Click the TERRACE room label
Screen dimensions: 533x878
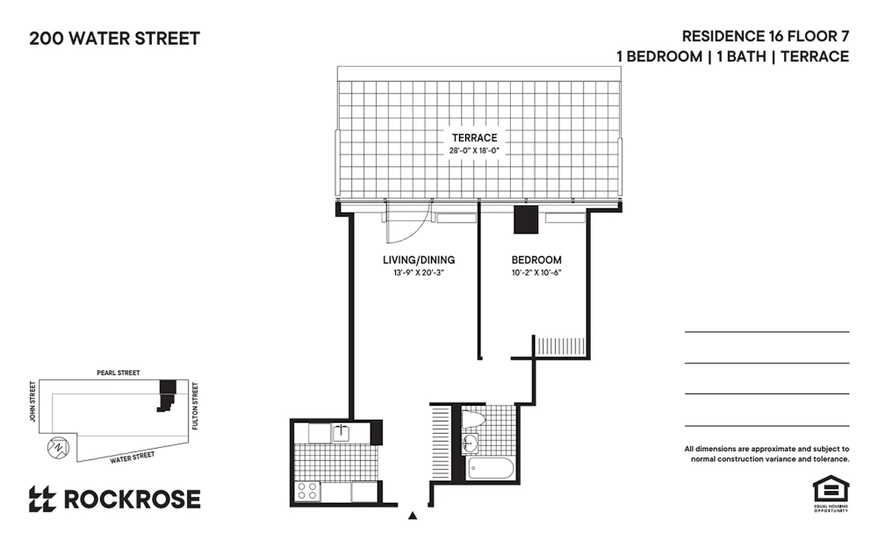474,138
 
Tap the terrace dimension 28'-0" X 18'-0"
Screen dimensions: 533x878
474,151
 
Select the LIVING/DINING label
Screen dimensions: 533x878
418,260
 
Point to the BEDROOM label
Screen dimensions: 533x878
536,260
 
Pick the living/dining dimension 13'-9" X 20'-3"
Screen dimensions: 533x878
418,272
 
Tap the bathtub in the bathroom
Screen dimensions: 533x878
491,468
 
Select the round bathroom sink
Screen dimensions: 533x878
471,442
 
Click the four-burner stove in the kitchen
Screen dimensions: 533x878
307,491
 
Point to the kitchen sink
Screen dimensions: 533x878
342,432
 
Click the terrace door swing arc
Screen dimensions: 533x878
408,229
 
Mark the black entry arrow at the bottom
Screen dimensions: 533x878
413,515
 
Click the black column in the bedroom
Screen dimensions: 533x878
526,219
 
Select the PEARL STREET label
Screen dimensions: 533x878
119,373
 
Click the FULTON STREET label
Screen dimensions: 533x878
195,405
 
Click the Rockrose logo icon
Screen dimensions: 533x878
42,499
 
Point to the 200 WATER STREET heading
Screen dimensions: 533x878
115,39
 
